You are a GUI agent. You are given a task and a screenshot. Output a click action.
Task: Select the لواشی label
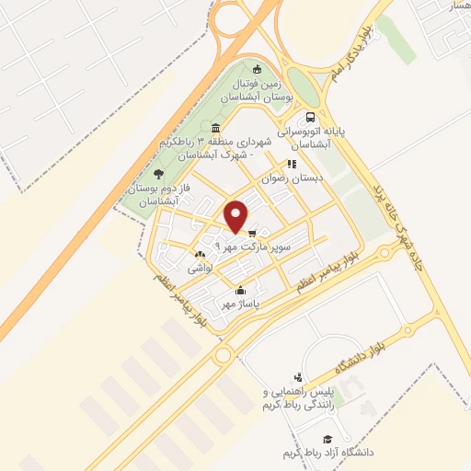point(201,270)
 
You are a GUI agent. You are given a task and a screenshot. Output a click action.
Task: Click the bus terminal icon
point(311,118)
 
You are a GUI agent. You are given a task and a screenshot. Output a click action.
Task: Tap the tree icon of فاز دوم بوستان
point(158,173)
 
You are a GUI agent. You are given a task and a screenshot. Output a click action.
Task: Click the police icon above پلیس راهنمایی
point(297,376)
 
